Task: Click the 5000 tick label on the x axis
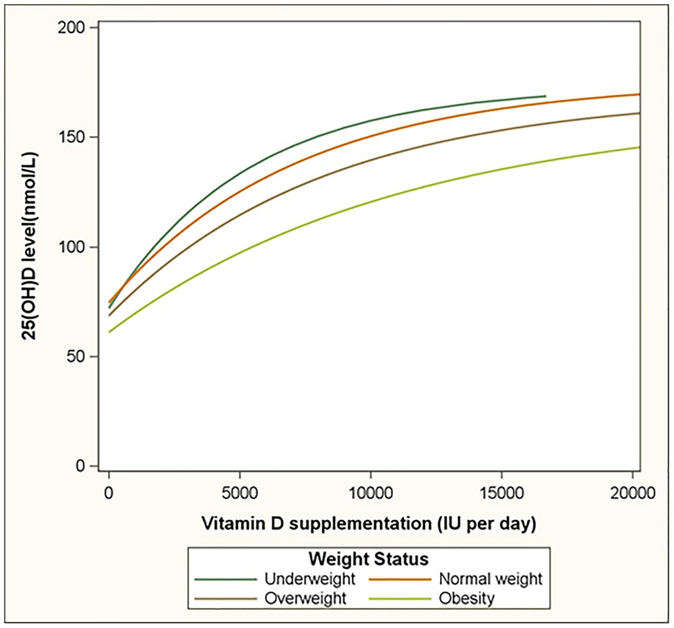(239, 494)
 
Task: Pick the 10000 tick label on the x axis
(370, 494)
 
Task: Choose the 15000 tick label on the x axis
(501, 494)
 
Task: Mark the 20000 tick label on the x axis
(631, 494)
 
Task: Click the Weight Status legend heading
(369, 559)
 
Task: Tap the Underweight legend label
(310, 579)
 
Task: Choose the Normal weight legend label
(491, 579)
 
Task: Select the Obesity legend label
(466, 598)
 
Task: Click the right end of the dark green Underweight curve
(545, 96)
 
